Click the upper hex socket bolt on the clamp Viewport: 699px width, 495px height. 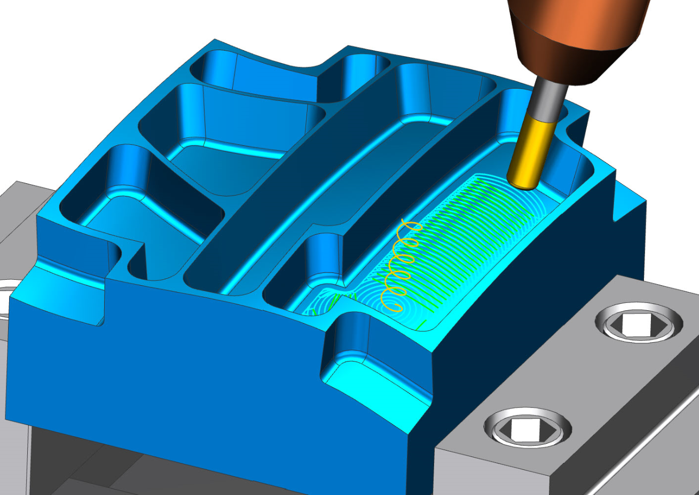tap(639, 323)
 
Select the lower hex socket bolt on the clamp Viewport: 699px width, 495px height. tap(527, 427)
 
